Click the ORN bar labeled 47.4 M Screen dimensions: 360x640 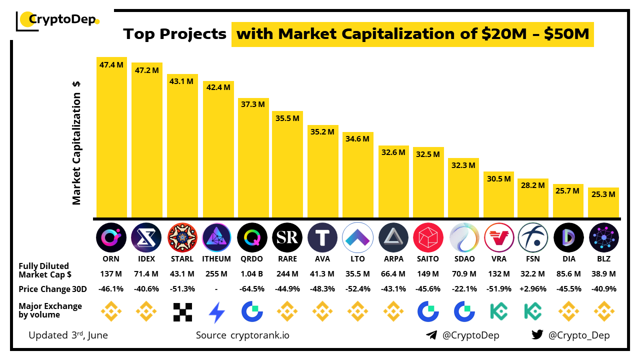coord(111,137)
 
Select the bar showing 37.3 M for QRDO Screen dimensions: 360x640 coord(253,157)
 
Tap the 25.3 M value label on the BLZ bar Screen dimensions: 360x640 coord(603,194)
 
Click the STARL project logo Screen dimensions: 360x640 coord(182,237)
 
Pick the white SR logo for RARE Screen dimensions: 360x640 coord(287,237)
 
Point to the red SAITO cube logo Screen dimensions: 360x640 coord(428,237)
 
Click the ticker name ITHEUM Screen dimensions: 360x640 coord(216,259)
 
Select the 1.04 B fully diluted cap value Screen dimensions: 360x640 coord(252,274)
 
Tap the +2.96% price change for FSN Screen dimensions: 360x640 coord(533,289)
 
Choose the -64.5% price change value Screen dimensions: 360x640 coord(252,289)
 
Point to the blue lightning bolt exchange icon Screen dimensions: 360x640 coord(217,312)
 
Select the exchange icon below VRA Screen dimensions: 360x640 coord(498,311)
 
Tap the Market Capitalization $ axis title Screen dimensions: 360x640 coord(76,142)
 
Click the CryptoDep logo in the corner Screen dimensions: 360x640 coord(57,20)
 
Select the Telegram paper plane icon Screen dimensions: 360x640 coord(431,335)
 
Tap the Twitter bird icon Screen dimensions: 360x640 coord(537,335)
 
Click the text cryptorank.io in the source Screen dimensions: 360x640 coord(259,335)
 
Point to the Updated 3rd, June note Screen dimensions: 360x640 coord(68,335)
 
